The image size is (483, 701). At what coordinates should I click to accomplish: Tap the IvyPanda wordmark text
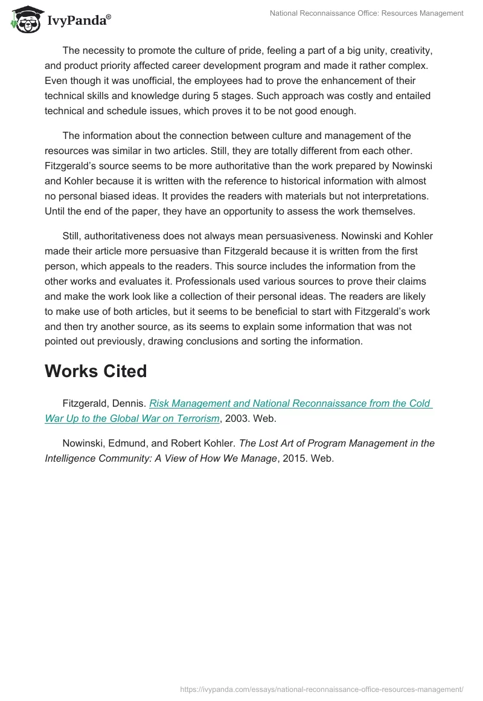point(78,20)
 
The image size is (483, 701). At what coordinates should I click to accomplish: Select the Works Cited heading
point(95,371)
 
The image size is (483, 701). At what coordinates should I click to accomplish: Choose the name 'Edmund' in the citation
point(120,443)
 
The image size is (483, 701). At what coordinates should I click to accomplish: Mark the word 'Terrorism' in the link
point(196,418)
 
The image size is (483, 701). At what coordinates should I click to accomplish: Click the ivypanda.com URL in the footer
point(322,688)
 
